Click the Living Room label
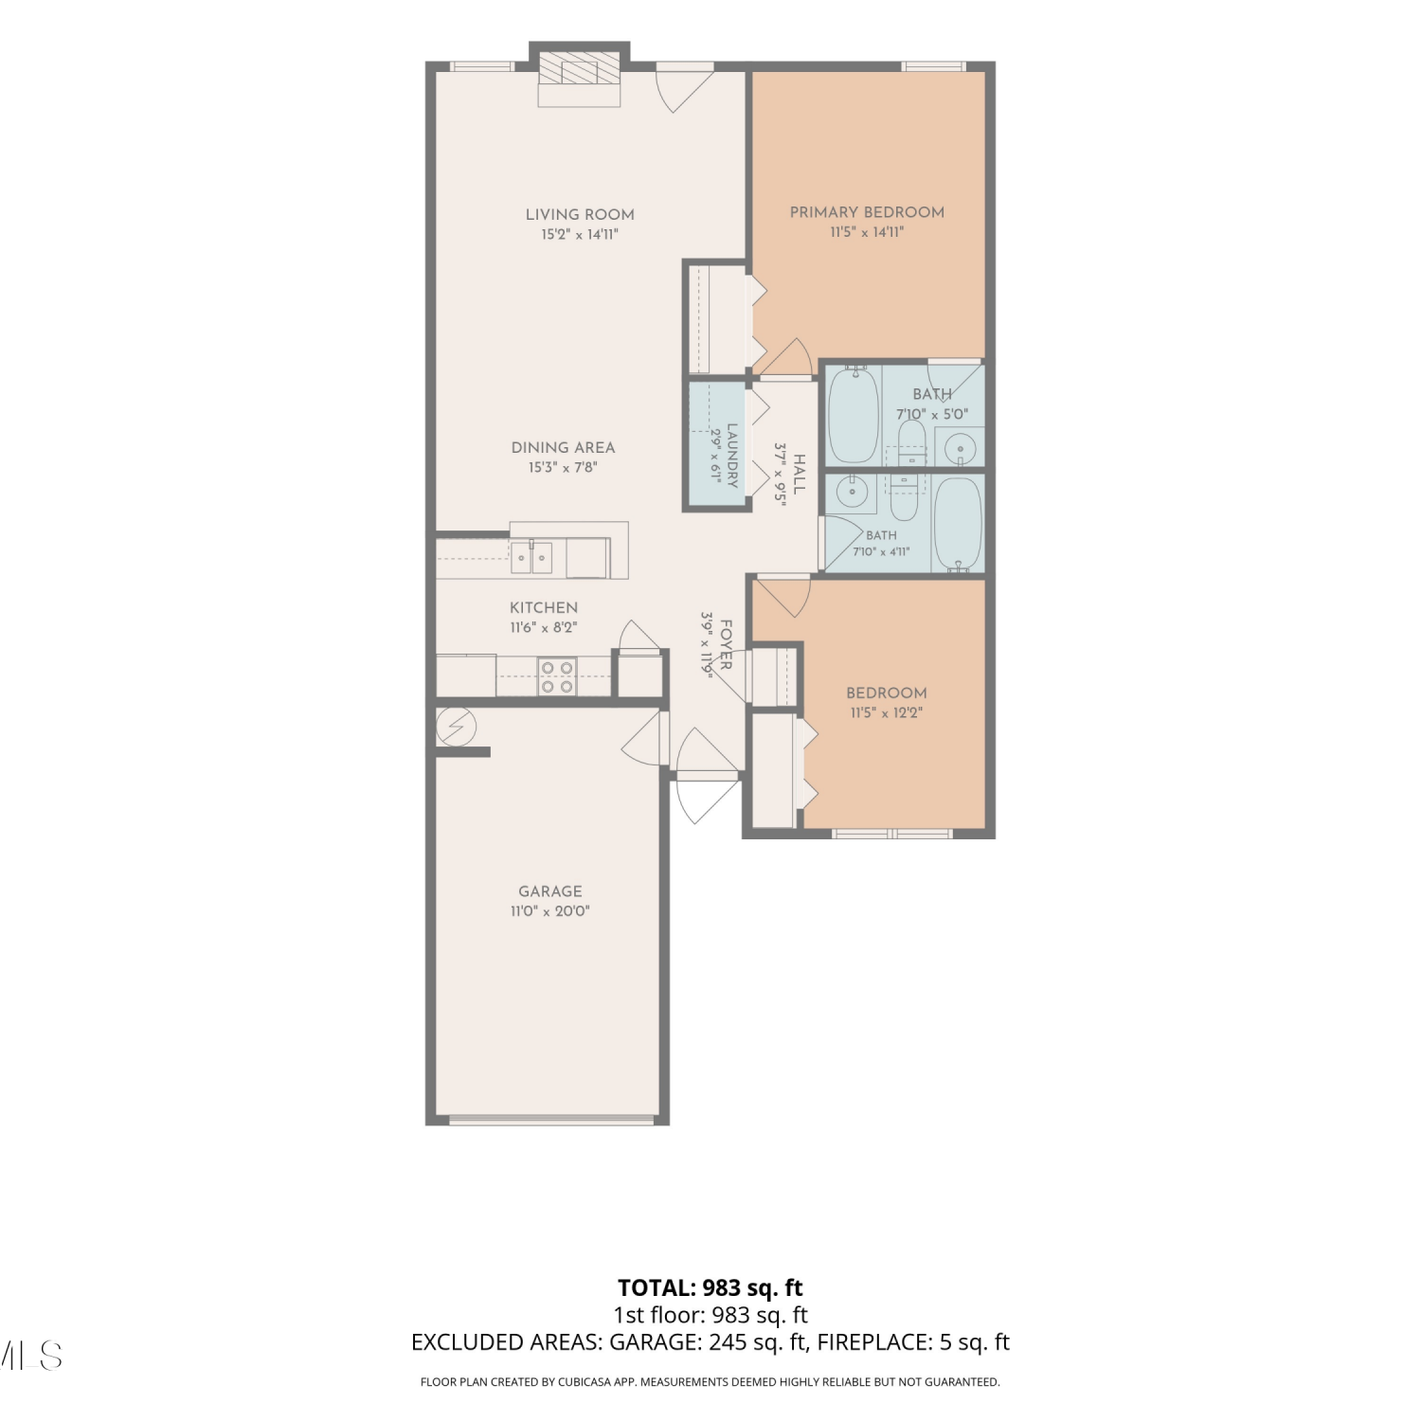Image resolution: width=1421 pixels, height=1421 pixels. pyautogui.click(x=580, y=214)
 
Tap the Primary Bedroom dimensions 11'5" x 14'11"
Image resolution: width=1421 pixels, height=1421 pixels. pyautogui.click(x=867, y=232)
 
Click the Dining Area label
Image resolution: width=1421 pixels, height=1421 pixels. pyautogui.click(x=563, y=447)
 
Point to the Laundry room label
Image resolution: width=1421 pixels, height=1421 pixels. pyautogui.click(x=732, y=455)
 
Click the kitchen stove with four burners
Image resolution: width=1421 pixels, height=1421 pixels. pyautogui.click(x=557, y=676)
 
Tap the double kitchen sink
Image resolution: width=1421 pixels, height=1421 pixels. pyautogui.click(x=531, y=557)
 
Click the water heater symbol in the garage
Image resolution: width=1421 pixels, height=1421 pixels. pyautogui.click(x=457, y=727)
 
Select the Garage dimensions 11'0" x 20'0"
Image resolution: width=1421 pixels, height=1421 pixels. pyautogui.click(x=550, y=911)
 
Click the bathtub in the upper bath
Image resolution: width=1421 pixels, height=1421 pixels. pyautogui.click(x=854, y=414)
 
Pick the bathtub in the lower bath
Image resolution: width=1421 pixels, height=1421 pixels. pyautogui.click(x=958, y=524)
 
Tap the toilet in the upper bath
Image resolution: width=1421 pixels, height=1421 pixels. pyautogui.click(x=911, y=443)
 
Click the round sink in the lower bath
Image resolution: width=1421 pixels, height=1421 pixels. pyautogui.click(x=852, y=491)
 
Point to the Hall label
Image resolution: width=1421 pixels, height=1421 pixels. pyautogui.click(x=800, y=474)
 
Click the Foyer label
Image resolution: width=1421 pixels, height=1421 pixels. pyautogui.click(x=727, y=644)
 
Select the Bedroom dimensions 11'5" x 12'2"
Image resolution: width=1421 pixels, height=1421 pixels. pyautogui.click(x=887, y=713)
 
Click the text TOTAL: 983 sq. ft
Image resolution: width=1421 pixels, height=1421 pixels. pyautogui.click(x=710, y=1287)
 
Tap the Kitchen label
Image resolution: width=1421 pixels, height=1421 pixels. pyautogui.click(x=544, y=607)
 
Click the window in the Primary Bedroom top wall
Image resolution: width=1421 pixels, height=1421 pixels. pyautogui.click(x=933, y=66)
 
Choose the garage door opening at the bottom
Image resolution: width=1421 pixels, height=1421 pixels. pyautogui.click(x=551, y=1120)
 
